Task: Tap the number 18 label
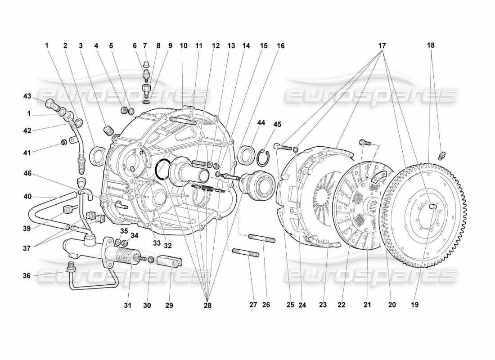pyautogui.click(x=431, y=45)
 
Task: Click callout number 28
pyautogui.click(x=207, y=305)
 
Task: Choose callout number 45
pyautogui.click(x=264, y=125)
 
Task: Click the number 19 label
pyautogui.click(x=414, y=305)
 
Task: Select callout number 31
pyautogui.click(x=127, y=305)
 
